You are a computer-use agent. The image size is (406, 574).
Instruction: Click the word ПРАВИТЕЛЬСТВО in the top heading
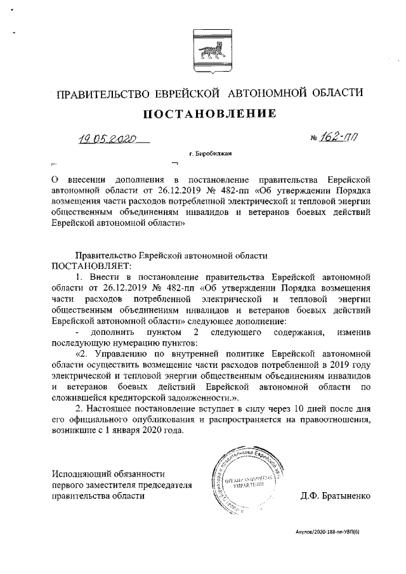tap(103, 94)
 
